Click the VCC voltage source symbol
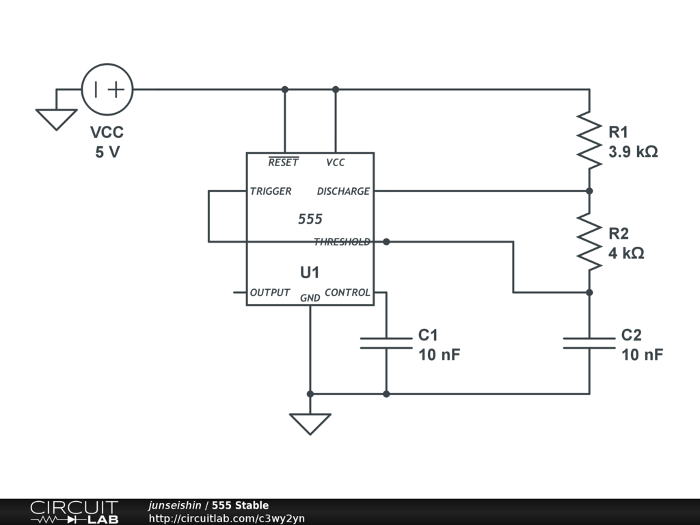coord(107,89)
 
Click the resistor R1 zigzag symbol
coord(589,139)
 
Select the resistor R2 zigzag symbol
coord(589,241)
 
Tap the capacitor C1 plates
coord(386,342)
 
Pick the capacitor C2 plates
coord(589,342)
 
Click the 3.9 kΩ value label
coord(634,152)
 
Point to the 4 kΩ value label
coord(627,253)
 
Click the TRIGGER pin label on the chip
coord(271,191)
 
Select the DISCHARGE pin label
coord(343,191)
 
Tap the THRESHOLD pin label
coord(342,242)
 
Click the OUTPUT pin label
coord(270,293)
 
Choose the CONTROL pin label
coord(347,293)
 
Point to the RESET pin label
coord(283,163)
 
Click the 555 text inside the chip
coord(310,219)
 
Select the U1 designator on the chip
coord(310,272)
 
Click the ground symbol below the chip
coord(310,423)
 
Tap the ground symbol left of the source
coord(56,119)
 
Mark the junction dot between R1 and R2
coord(589,191)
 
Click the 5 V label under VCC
coord(107,152)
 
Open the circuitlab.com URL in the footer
coord(227,518)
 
